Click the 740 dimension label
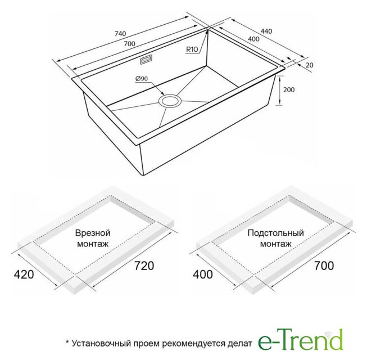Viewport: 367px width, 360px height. coord(120,34)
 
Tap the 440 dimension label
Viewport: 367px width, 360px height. coord(266,31)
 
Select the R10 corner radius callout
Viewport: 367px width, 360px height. coord(192,49)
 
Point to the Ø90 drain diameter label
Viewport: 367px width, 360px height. coord(142,79)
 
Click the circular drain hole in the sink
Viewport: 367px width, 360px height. coord(170,101)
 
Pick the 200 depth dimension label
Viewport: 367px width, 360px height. coord(289,89)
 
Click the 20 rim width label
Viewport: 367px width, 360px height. coord(310,65)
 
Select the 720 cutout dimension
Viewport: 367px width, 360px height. coord(144,265)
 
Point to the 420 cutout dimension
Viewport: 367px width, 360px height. coord(24,274)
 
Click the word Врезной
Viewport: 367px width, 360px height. coord(93,233)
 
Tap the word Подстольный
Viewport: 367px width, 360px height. coord(276,233)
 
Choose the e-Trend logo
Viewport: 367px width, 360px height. coord(301,339)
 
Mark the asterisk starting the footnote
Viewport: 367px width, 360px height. coord(67,342)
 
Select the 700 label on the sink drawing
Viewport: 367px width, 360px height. coord(129,44)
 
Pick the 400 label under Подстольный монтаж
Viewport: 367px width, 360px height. coord(203,274)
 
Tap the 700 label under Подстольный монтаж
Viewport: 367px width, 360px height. coord(324,265)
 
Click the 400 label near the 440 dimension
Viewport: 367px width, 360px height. coord(253,39)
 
